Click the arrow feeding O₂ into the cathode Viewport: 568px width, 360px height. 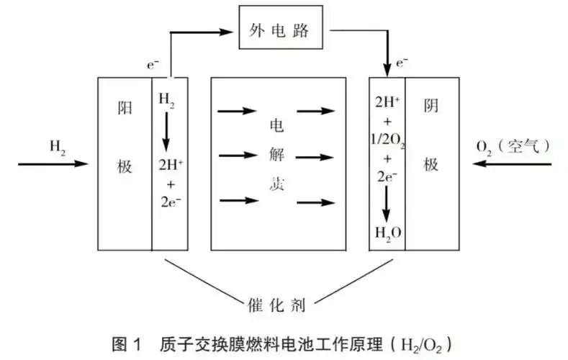coord(512,164)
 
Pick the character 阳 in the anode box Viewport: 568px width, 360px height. coord(124,106)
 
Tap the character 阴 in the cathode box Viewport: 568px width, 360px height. coord(430,106)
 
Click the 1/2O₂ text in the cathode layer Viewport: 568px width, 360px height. coord(388,143)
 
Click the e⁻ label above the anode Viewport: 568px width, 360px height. coord(153,66)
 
